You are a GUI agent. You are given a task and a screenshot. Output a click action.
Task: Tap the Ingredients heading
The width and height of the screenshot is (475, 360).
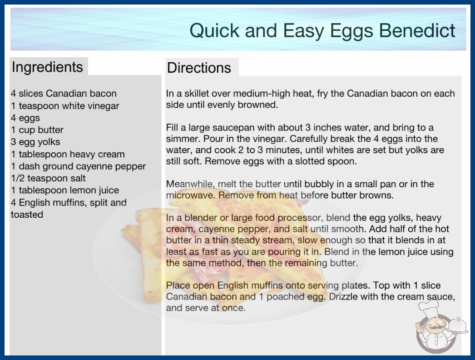tap(47, 67)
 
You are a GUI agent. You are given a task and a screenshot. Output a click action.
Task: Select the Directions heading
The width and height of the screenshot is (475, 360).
tap(199, 68)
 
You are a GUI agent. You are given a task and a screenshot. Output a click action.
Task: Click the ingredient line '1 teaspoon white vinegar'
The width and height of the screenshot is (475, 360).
tap(65, 106)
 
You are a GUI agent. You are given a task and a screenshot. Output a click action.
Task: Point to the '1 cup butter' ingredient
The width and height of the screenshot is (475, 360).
tap(37, 130)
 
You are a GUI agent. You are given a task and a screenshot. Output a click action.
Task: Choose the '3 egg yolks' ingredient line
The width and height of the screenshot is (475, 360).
tap(36, 142)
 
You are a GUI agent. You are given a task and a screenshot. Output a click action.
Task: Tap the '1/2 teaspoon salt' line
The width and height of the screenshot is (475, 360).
tap(49, 178)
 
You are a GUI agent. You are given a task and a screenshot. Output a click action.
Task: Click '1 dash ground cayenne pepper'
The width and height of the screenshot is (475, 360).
tap(79, 166)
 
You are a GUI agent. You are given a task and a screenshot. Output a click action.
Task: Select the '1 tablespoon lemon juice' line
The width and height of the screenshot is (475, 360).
tap(65, 190)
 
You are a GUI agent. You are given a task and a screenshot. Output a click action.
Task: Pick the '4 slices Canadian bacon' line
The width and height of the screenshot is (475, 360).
tap(64, 94)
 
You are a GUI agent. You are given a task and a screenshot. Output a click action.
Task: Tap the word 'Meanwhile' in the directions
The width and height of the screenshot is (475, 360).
tap(191, 184)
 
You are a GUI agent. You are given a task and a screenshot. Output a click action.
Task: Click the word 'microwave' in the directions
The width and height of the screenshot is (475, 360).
tap(191, 195)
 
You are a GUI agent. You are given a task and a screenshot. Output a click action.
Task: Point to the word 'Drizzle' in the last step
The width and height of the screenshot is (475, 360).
tap(343, 296)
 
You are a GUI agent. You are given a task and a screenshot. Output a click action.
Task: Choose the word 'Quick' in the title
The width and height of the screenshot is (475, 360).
tap(215, 30)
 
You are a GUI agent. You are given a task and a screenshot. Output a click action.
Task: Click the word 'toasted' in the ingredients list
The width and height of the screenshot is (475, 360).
tap(27, 215)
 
